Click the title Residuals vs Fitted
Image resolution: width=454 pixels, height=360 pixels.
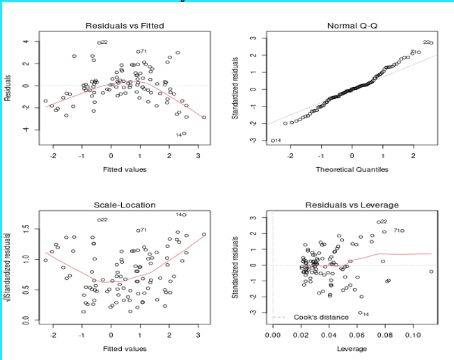pos(125,26)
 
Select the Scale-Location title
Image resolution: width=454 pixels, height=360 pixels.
pos(125,205)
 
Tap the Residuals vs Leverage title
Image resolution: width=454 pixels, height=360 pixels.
pos(352,205)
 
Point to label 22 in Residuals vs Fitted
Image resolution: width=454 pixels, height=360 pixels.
pos(104,42)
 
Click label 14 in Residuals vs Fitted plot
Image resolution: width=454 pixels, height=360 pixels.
pos(178,134)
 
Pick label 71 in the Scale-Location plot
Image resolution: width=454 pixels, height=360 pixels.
pos(143,230)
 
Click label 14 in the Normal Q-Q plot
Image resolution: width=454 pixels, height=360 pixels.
pos(277,141)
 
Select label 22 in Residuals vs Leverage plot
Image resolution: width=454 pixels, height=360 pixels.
pos(384,221)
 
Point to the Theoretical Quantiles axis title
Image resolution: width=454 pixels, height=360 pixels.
pos(352,169)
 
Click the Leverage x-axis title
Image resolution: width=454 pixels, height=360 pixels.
pos(352,348)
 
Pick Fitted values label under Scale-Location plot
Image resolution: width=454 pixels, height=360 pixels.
pos(125,348)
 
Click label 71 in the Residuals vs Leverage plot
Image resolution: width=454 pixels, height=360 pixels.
pos(398,230)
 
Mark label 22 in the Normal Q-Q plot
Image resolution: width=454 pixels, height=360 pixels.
pos(427,42)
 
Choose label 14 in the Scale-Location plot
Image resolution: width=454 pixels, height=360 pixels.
pos(180,214)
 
